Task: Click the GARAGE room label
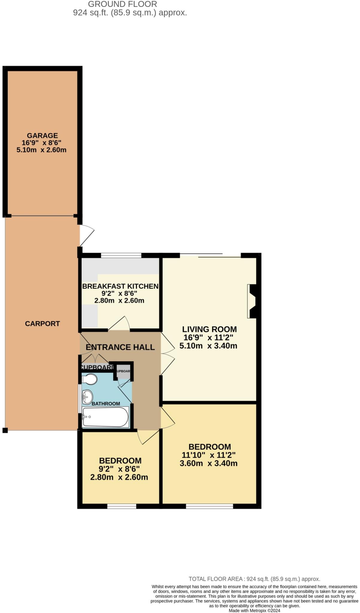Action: click(42, 136)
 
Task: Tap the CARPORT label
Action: click(42, 324)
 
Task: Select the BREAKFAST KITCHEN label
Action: click(120, 286)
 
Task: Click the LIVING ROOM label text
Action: click(209, 329)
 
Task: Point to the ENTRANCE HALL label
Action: click(120, 347)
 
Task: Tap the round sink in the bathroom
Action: click(87, 397)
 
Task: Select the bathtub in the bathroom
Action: click(105, 417)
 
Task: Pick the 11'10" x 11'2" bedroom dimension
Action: click(209, 455)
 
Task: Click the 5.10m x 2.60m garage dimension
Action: click(41, 150)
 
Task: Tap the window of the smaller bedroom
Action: click(121, 506)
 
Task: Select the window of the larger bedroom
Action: click(209, 506)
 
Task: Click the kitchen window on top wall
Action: click(121, 255)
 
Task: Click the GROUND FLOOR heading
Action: click(122, 4)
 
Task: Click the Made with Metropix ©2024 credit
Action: click(254, 611)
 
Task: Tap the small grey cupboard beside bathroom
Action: click(123, 371)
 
